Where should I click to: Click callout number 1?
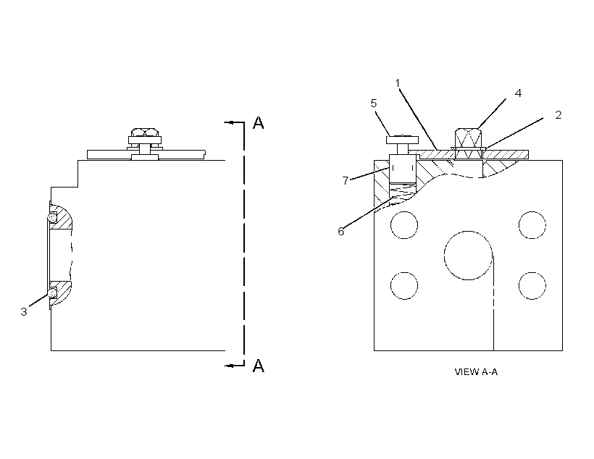398,83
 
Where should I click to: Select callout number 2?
558,114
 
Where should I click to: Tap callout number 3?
24,312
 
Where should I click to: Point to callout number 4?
518,93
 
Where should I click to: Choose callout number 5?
374,104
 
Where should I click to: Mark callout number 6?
341,232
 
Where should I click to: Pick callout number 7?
345,181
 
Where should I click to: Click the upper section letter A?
259,122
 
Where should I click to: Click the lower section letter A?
259,366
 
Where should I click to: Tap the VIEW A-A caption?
476,372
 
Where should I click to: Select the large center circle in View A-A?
468,256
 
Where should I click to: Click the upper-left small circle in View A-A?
404,225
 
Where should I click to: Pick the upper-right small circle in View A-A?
532,225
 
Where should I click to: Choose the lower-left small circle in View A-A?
404,285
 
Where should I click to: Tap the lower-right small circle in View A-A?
532,285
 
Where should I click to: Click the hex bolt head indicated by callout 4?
468,138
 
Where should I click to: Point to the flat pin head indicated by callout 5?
402,140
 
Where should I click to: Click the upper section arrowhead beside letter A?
228,122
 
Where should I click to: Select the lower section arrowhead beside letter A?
228,366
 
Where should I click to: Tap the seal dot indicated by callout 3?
52,292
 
